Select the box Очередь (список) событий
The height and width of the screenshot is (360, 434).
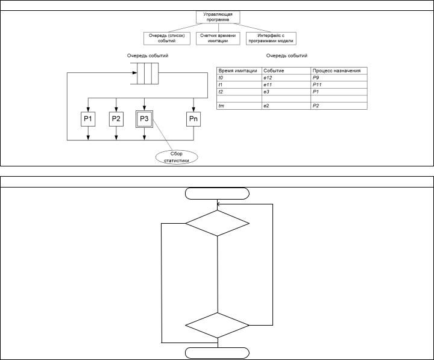[x=166, y=38]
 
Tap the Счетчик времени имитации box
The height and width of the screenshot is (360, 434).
[x=218, y=38]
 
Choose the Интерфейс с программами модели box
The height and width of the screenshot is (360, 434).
[x=271, y=38]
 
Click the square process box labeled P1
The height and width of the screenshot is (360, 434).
[x=88, y=119]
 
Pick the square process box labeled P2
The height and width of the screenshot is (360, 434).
[x=116, y=119]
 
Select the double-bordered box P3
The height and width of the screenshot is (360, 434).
[x=144, y=119]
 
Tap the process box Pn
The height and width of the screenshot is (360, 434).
[x=193, y=119]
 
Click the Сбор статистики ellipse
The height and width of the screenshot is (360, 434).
[x=177, y=157]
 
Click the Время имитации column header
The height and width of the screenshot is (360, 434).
[x=239, y=71]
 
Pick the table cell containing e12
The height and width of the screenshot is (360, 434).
[x=286, y=78]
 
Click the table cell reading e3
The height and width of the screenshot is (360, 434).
[x=286, y=92]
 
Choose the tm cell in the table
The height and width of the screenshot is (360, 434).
[x=239, y=106]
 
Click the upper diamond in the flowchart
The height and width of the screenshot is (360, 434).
[x=217, y=223]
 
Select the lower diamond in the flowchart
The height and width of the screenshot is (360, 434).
[x=217, y=326]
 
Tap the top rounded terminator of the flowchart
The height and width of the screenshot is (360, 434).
[x=217, y=193]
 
